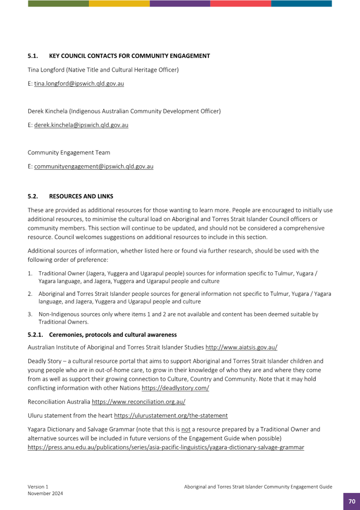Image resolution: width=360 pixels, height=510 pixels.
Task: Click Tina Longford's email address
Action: point(79,84)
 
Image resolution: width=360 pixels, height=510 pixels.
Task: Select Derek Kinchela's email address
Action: point(81,125)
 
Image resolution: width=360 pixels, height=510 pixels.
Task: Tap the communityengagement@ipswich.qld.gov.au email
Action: point(94,167)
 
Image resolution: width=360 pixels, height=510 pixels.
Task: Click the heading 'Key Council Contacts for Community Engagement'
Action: point(129,56)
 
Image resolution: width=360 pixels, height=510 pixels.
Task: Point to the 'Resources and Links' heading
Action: point(81,196)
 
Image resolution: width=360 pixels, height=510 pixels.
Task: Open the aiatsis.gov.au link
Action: point(242,348)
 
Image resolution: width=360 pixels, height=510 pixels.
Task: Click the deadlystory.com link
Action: point(175,388)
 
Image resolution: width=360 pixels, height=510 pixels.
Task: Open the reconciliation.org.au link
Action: point(138,402)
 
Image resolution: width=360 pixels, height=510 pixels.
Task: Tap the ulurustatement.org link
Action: point(171,415)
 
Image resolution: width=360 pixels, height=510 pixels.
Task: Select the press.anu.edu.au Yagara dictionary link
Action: point(166,448)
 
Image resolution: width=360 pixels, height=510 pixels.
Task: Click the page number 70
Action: point(351,501)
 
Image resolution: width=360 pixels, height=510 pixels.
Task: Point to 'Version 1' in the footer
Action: point(38,487)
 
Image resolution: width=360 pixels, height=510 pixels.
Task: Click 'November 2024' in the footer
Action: point(45,493)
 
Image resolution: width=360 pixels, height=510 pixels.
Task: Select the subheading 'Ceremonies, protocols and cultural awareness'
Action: point(113,334)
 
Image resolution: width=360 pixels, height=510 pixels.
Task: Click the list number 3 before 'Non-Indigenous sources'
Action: point(30,314)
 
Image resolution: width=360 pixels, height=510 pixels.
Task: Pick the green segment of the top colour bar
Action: point(58,3)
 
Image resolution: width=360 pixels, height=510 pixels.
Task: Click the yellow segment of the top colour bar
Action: point(119,3)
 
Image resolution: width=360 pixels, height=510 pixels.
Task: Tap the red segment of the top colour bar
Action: point(240,3)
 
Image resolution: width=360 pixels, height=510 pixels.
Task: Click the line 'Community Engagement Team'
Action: point(69,152)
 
